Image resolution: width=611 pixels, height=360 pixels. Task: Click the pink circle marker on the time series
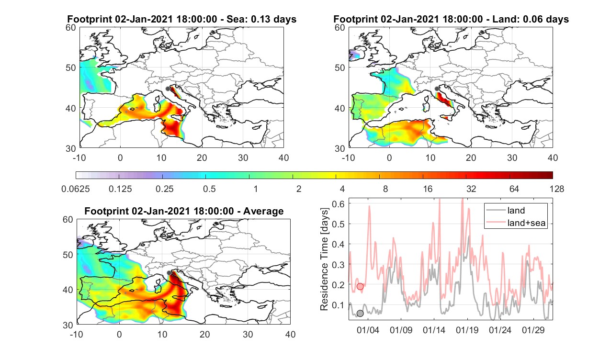pyautogui.click(x=360, y=286)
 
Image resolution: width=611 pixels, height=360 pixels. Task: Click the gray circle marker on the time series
pyautogui.click(x=360, y=314)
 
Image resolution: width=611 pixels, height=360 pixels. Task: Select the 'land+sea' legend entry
pyautogui.click(x=516, y=223)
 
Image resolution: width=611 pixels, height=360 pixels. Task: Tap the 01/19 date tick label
pyautogui.click(x=467, y=330)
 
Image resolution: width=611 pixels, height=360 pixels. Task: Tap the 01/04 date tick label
pyautogui.click(x=368, y=330)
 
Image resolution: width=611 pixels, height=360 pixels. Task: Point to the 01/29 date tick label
pyautogui.click(x=533, y=330)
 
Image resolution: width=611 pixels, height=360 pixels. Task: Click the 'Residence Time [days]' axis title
pyautogui.click(x=324, y=259)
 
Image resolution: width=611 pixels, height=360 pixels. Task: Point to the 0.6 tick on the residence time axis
pyautogui.click(x=338, y=204)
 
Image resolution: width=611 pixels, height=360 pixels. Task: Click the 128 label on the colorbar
pyautogui.click(x=556, y=189)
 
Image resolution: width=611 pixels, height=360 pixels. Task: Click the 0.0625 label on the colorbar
pyautogui.click(x=76, y=189)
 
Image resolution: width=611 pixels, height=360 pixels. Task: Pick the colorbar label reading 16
pyautogui.click(x=428, y=189)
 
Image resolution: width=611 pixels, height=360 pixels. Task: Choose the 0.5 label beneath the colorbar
pyautogui.click(x=209, y=189)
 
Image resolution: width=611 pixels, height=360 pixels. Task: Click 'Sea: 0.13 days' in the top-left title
pyautogui.click(x=261, y=19)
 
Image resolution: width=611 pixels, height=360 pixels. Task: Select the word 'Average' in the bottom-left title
pyautogui.click(x=263, y=212)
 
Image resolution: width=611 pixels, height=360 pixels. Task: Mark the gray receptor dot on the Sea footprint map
pyautogui.click(x=168, y=89)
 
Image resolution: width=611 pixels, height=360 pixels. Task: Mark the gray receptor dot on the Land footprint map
pyautogui.click(x=437, y=89)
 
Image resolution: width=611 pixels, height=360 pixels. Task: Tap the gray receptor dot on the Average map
pyautogui.click(x=169, y=273)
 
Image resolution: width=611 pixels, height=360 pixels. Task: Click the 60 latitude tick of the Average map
pyautogui.click(x=68, y=220)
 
